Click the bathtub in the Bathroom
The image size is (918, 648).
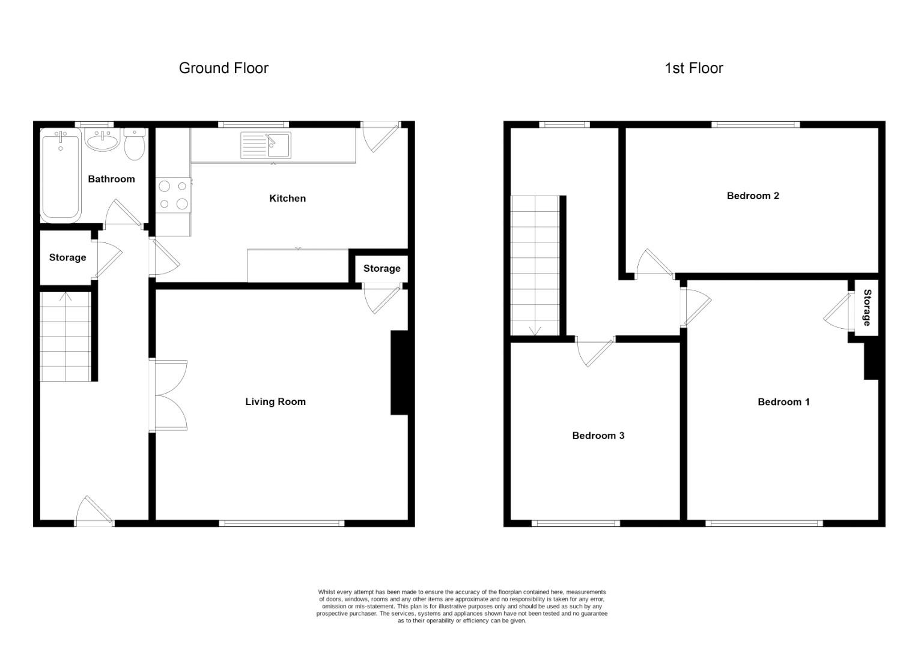(61, 176)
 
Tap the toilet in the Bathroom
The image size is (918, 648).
(135, 144)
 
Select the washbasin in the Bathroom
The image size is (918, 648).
(102, 140)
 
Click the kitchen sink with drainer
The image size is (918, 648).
(266, 145)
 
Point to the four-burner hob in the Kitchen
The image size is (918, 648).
(174, 195)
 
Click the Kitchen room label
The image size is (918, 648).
(287, 199)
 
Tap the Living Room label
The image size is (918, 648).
(275, 401)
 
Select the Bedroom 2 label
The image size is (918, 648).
(753, 196)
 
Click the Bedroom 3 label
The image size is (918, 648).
(598, 436)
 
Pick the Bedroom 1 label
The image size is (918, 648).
(783, 402)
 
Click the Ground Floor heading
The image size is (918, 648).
(223, 68)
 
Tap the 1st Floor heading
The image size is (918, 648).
(694, 68)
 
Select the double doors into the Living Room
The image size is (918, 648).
(171, 395)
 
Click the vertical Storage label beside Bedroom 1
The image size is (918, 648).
(867, 307)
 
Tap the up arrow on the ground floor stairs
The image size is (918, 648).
(65, 297)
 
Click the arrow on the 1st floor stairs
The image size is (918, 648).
(535, 330)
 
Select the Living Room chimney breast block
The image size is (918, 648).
(400, 373)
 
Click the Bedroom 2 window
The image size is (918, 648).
(756, 124)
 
